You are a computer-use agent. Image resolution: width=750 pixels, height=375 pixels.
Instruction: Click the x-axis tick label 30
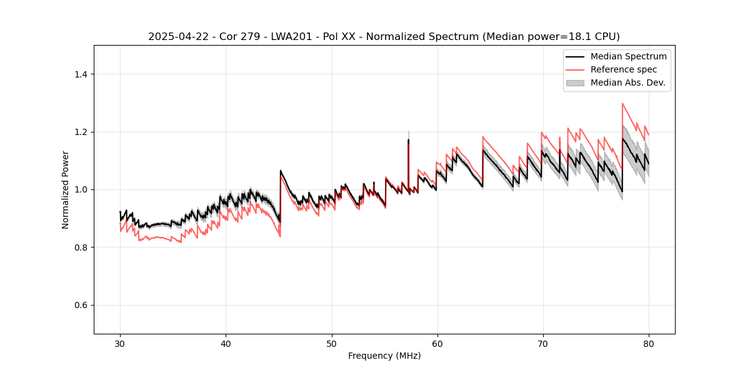pos(120,343)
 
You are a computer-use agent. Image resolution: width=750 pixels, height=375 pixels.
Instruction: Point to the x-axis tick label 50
pos(331,343)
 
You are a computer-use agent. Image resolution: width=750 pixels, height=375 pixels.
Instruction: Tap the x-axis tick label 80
pos(648,343)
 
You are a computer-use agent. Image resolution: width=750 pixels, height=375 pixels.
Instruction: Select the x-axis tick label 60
pos(437,343)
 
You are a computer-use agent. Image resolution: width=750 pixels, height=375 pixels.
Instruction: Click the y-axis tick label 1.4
pos(81,74)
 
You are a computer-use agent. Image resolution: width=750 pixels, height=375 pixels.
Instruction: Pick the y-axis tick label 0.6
pos(81,305)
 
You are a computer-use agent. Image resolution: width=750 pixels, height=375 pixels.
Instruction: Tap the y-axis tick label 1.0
pos(81,189)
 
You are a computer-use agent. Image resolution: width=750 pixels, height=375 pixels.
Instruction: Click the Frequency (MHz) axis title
pos(384,356)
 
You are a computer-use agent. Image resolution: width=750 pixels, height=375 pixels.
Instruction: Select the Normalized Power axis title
pos(66,189)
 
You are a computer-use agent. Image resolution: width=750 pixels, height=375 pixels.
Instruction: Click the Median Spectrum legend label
pos(628,56)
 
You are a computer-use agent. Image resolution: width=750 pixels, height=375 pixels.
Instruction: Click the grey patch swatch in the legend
pos(575,82)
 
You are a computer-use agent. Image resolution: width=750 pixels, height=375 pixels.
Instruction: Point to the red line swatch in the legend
pos(575,69)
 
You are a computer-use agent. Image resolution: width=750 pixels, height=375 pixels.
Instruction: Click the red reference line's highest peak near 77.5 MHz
pos(622,104)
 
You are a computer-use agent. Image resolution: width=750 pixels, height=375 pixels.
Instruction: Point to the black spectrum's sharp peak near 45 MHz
pos(281,171)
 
